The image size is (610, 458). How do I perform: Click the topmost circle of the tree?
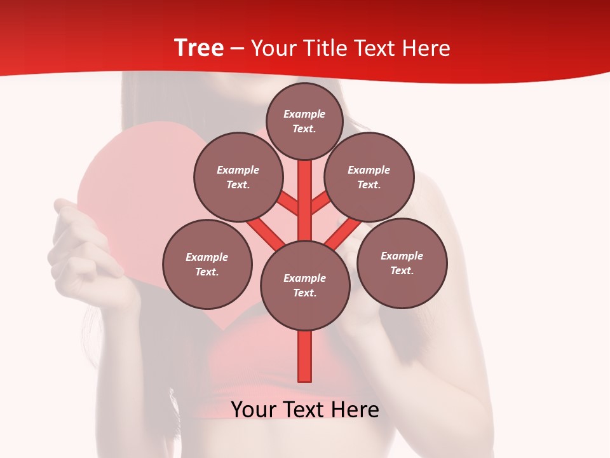point(304,121)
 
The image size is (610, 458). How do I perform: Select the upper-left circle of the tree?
point(238,177)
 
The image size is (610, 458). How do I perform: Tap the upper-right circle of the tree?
point(369,177)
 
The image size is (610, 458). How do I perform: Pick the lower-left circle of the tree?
point(207,264)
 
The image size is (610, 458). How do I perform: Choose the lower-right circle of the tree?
point(402,263)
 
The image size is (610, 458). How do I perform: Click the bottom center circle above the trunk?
point(305,286)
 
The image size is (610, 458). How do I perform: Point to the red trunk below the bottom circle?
point(305,356)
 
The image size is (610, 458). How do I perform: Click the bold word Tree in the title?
point(199,48)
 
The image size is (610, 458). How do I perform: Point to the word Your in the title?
point(274,48)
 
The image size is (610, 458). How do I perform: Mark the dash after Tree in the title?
point(238,48)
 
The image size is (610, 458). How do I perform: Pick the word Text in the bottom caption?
point(304,410)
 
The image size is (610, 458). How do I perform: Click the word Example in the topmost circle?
point(304,114)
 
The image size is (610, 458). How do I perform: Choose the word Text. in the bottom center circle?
point(304,293)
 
